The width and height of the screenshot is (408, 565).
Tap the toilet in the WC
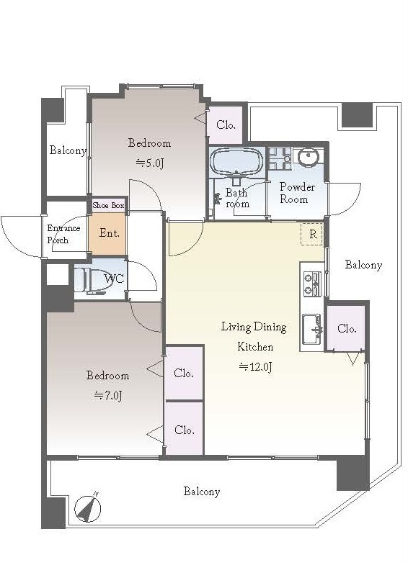tap(92, 280)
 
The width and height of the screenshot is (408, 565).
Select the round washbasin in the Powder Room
tap(308, 157)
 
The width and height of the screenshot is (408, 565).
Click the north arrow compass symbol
tap(88, 508)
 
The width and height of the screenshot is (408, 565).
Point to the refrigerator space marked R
tap(312, 234)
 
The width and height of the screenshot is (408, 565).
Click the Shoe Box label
tap(108, 205)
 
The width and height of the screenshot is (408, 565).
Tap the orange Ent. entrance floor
tap(107, 233)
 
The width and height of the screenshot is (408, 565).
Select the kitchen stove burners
tap(312, 284)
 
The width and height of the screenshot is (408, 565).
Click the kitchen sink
tap(311, 330)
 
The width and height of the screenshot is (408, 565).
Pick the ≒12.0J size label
tap(255, 367)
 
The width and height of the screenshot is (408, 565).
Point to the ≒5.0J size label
tap(150, 163)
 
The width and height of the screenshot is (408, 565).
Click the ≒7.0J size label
tap(108, 396)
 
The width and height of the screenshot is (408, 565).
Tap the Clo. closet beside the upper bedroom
tap(226, 125)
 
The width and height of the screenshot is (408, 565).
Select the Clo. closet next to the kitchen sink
tap(347, 328)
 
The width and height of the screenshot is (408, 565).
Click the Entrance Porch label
tap(63, 234)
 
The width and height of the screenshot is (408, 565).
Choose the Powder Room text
tap(297, 193)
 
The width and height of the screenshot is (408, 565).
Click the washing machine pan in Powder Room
tap(280, 158)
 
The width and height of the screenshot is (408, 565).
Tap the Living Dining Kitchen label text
tap(254, 337)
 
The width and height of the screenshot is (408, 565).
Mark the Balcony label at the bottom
tap(202, 491)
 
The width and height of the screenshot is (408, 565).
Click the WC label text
tap(114, 279)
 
